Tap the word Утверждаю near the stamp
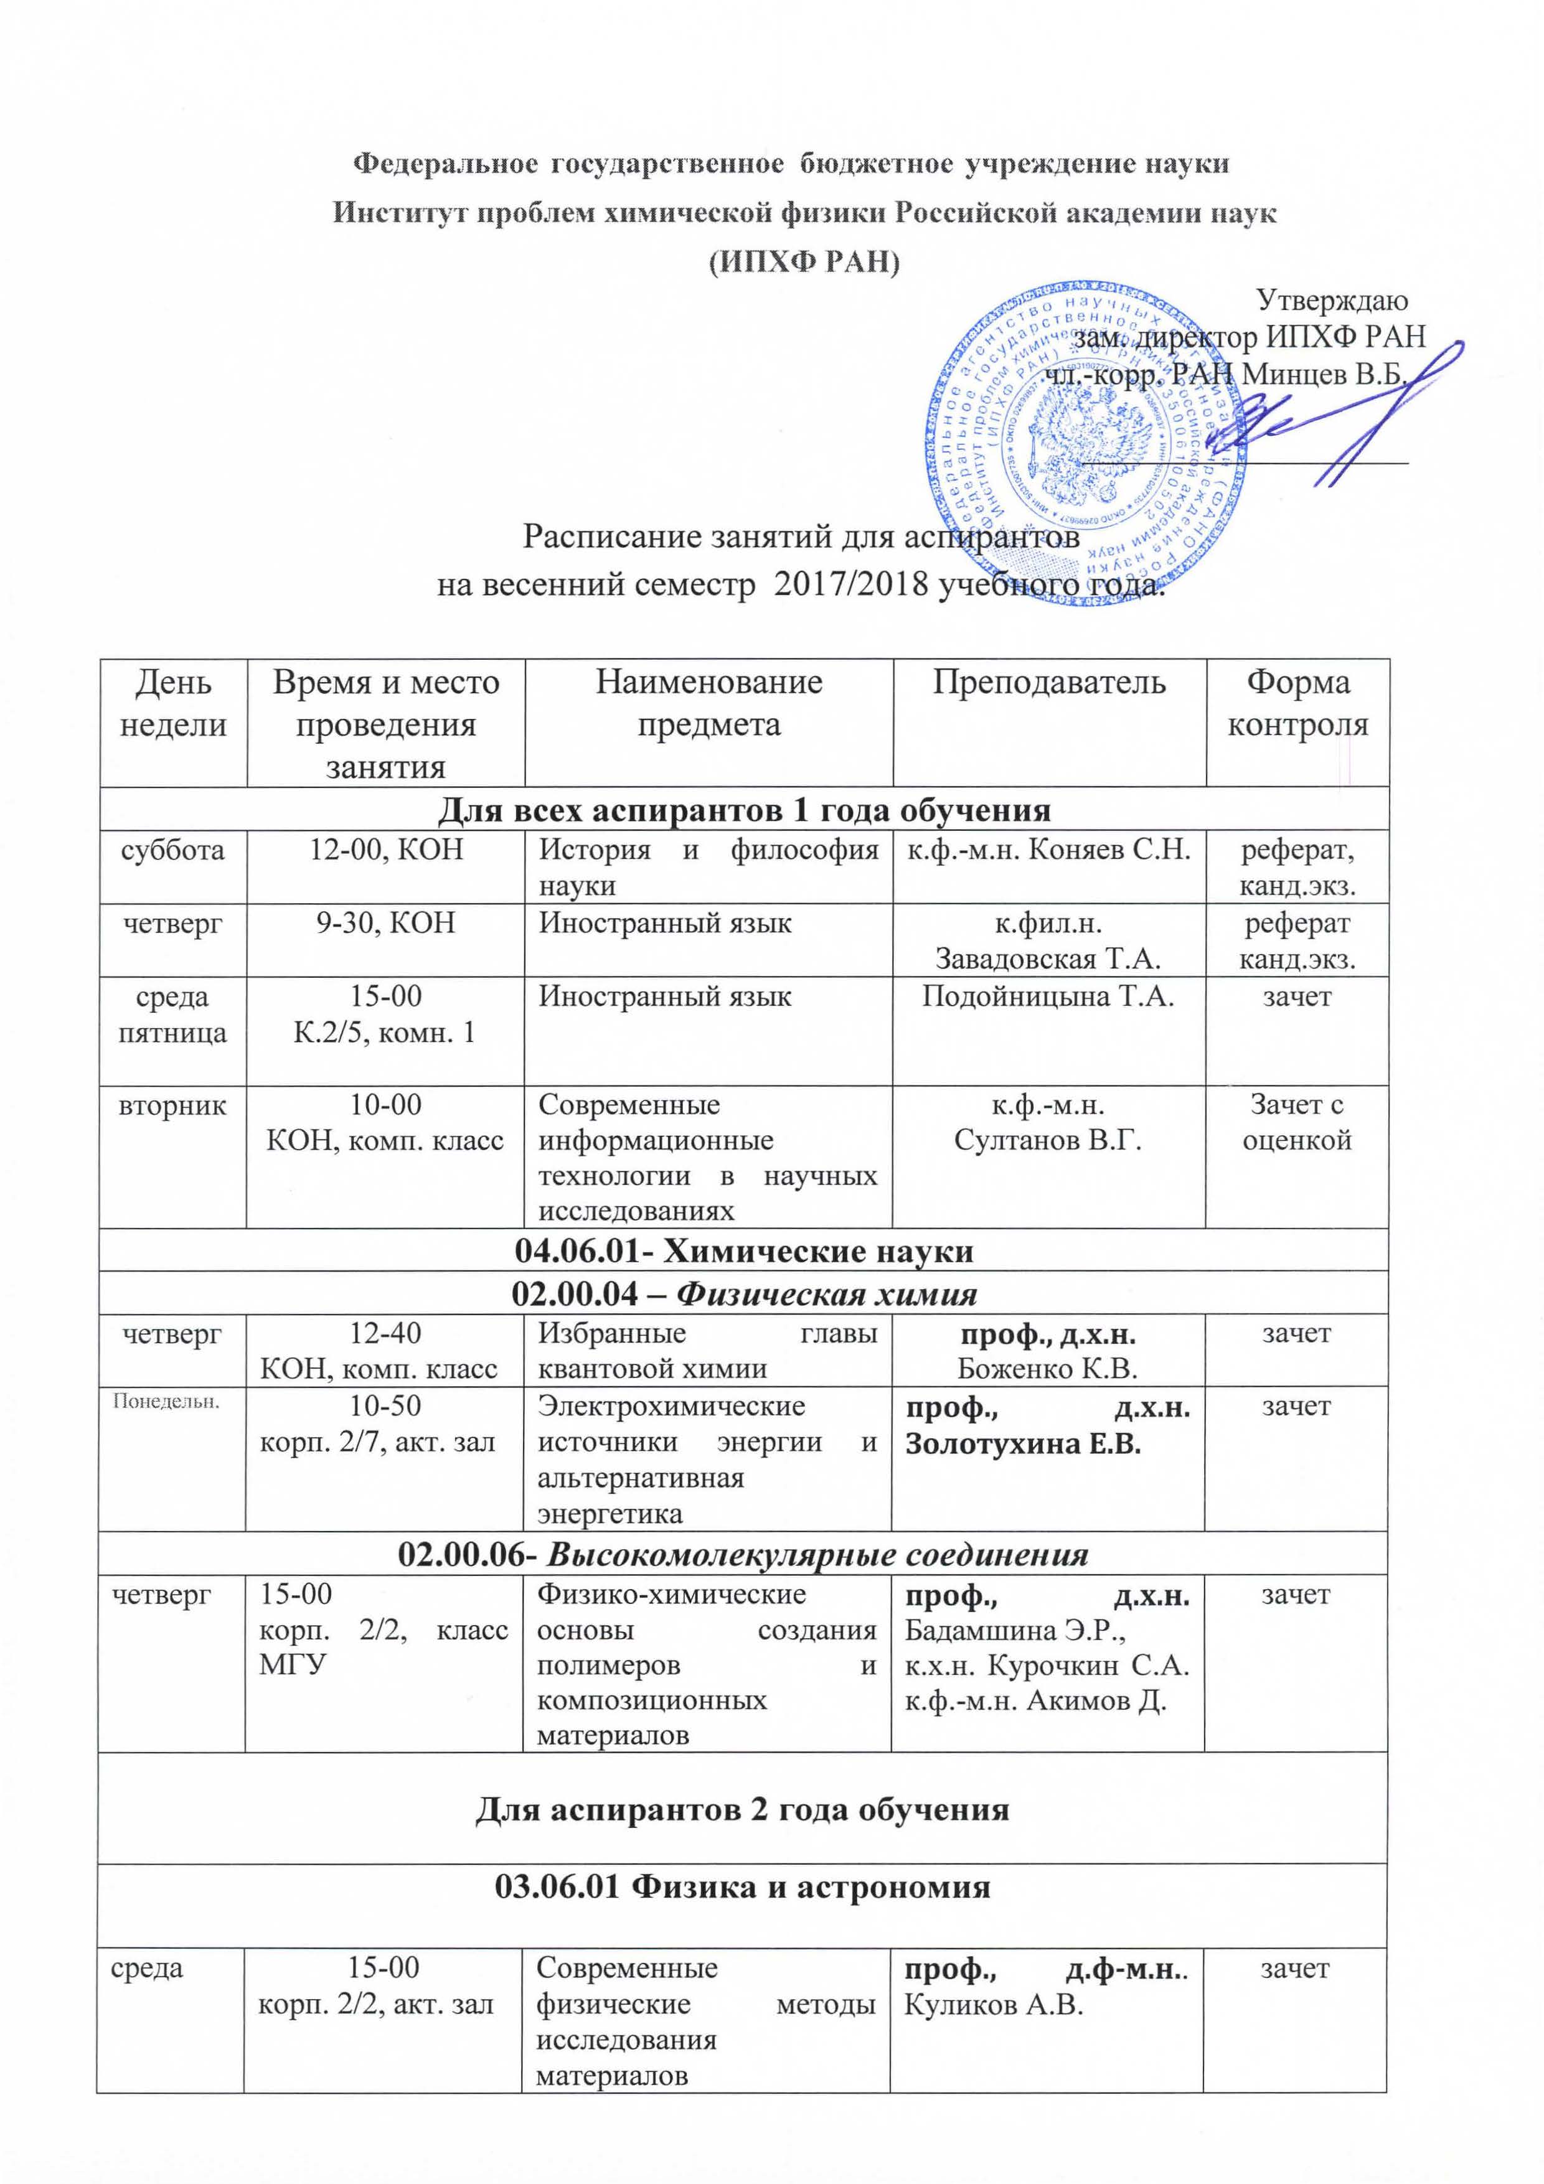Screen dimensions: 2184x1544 (1332, 301)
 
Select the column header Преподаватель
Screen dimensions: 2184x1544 (1048, 682)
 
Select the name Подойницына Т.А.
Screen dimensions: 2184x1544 (1048, 997)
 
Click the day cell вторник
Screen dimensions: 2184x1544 (172, 1105)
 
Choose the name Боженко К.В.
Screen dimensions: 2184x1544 (1047, 1368)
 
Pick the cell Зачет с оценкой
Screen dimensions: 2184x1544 (1297, 1122)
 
